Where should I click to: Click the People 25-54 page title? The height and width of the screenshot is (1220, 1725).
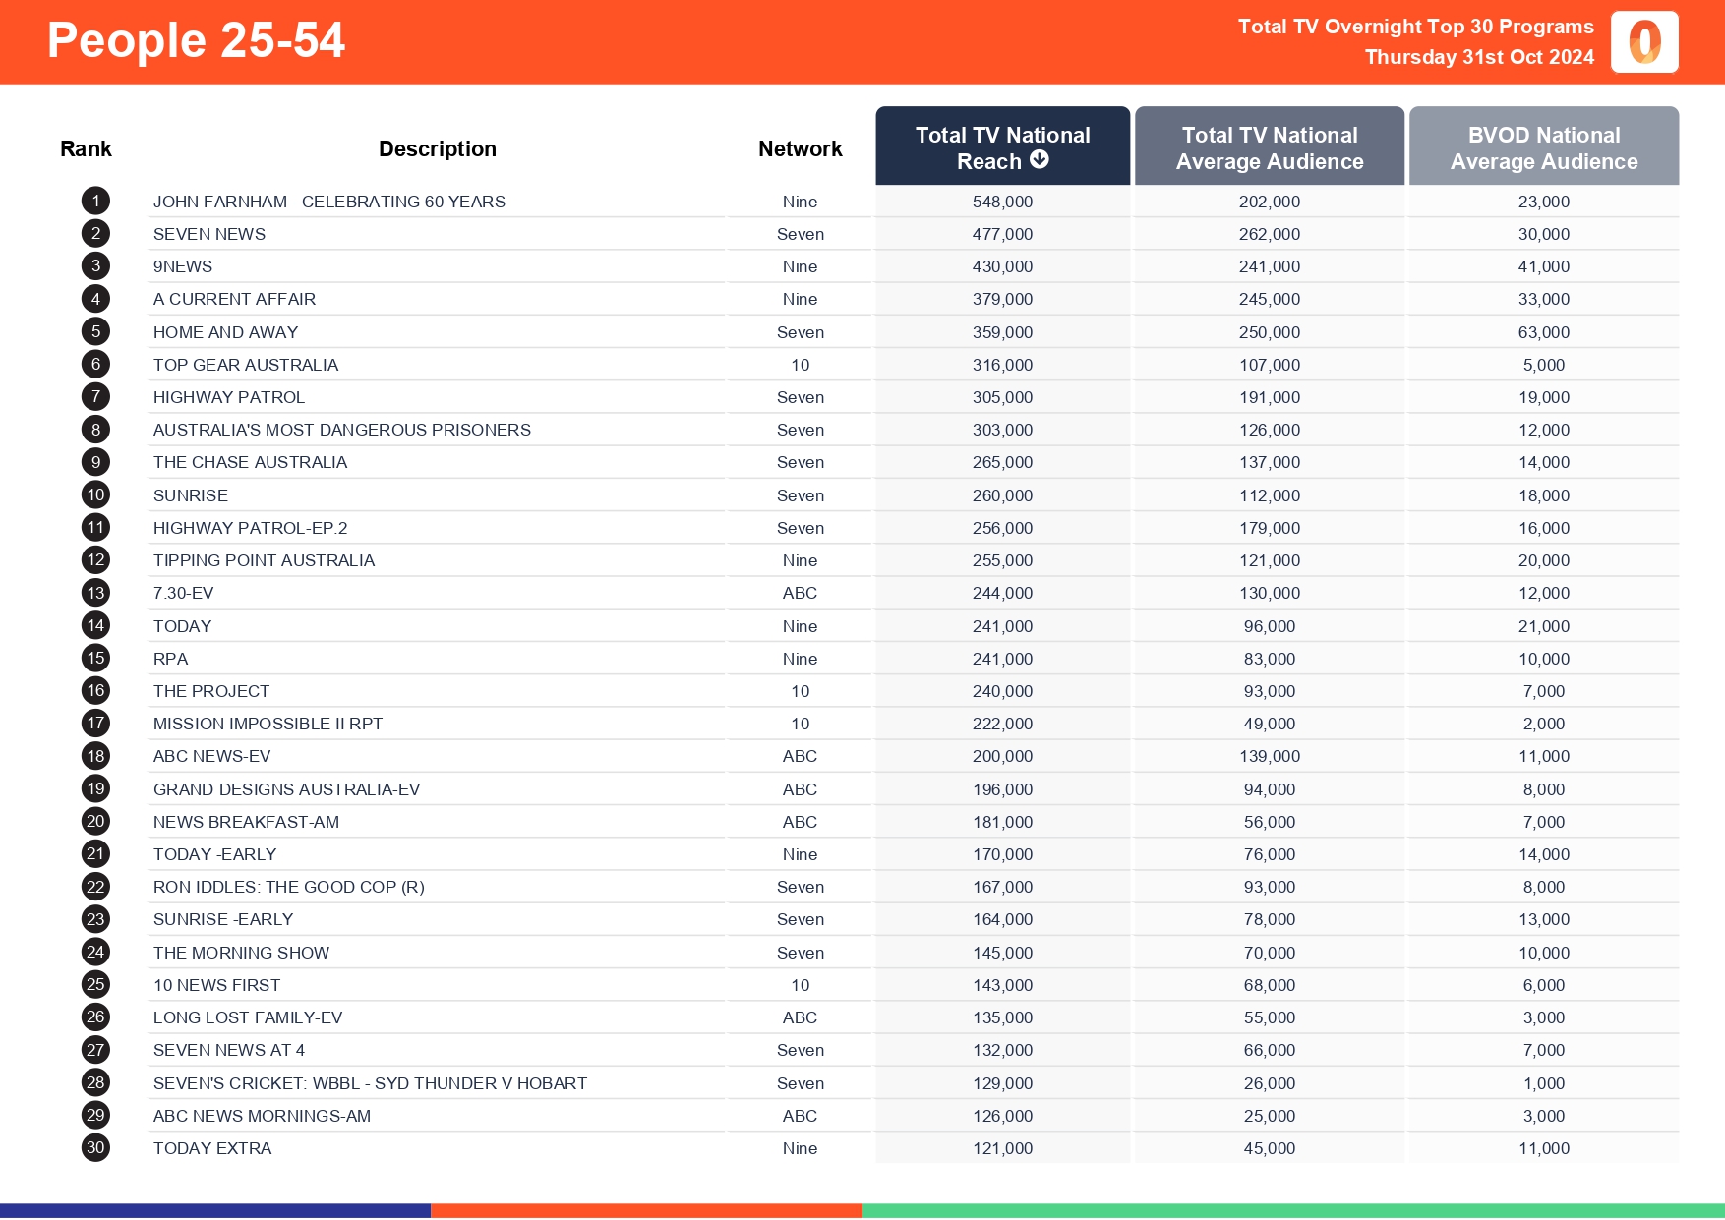196,41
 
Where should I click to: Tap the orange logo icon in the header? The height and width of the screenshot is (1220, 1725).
1644,42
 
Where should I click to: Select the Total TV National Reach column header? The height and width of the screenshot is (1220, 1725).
1002,147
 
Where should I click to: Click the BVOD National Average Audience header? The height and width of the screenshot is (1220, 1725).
1544,147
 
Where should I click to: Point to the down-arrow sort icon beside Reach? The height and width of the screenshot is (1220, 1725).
1040,160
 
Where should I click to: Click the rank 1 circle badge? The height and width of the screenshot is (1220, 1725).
95,202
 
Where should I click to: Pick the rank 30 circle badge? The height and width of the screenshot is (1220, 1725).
95,1148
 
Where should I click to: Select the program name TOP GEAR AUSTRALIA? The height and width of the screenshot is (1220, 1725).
246,365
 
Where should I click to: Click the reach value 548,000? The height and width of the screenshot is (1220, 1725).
1002,202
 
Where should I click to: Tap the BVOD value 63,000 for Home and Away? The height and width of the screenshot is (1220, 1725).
1544,332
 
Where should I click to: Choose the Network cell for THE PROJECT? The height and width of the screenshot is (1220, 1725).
801,691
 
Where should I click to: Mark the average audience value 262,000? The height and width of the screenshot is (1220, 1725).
1270,234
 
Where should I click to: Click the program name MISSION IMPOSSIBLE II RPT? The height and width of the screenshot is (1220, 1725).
268,724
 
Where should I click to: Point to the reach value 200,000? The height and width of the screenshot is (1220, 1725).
1002,756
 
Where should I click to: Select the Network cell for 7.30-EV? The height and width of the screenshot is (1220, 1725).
801,593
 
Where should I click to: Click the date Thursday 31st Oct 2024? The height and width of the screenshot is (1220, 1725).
1479,57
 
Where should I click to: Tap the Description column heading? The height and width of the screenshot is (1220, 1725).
438,148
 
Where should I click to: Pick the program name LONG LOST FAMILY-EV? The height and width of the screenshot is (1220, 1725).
248,1017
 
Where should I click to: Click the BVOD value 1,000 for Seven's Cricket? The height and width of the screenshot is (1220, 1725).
1544,1083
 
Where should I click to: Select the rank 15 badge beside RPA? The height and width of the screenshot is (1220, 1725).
95,659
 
